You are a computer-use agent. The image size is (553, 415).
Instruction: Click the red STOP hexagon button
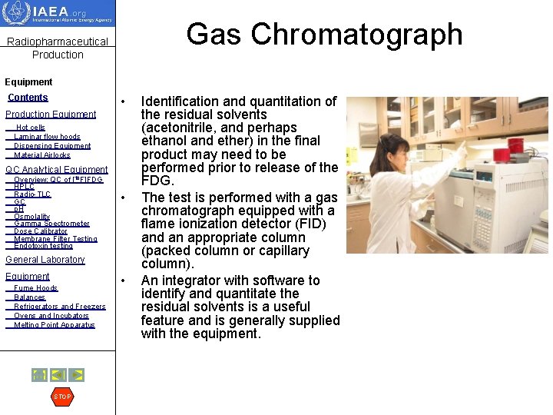pos(61,397)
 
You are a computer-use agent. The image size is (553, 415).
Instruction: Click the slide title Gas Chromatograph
pos(324,35)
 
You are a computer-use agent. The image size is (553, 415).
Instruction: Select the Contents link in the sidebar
pos(28,98)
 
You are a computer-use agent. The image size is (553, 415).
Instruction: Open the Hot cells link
pos(31,128)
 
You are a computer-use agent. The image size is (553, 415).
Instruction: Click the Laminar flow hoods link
pos(47,137)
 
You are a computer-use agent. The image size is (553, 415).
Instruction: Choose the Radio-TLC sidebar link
pos(32,194)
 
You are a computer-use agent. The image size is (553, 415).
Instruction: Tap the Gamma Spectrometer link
pos(51,224)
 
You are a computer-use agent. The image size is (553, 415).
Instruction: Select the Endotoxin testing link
pos(43,246)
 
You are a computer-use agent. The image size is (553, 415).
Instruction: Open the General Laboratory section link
pos(45,260)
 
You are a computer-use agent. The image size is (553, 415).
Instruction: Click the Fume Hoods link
pos(35,288)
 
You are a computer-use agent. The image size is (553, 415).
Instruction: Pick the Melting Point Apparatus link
pos(54,325)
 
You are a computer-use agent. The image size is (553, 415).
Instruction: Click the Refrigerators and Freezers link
pos(59,307)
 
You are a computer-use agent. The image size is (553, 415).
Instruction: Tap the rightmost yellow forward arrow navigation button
pos(76,375)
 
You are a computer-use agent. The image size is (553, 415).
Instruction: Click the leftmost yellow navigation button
pos(38,375)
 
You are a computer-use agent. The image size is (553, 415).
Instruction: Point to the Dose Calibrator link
pos(40,231)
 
